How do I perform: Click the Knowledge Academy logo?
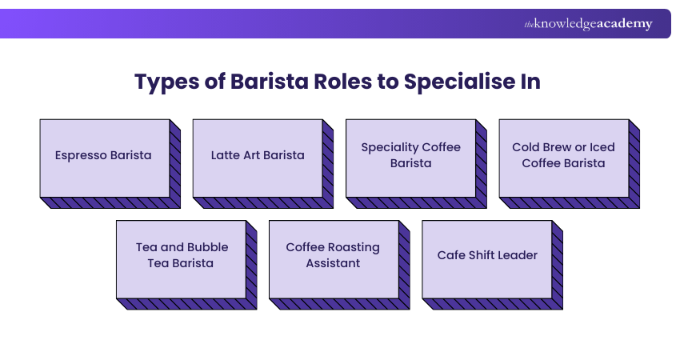tap(588, 24)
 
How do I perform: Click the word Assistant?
tap(333, 263)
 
